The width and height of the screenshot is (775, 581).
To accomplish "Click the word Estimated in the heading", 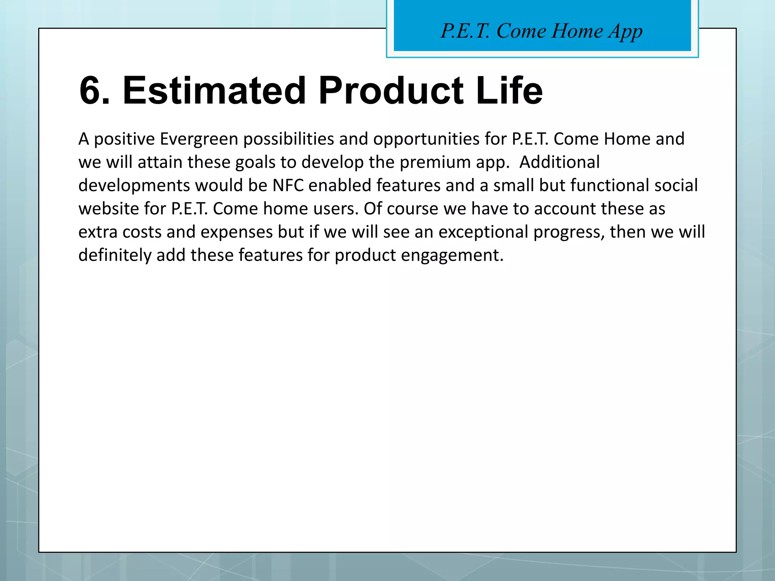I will pyautogui.click(x=214, y=91).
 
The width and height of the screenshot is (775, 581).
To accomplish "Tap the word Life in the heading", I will pyautogui.click(x=509, y=91).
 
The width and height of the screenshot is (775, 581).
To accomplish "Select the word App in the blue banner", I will pyautogui.click(x=625, y=31).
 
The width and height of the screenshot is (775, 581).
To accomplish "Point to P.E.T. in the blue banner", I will pyautogui.click(x=465, y=31).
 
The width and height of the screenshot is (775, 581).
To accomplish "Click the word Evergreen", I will pyautogui.click(x=199, y=139).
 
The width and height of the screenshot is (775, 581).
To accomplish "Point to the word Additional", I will pyautogui.click(x=560, y=162).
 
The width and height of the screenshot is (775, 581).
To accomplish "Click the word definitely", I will pyautogui.click(x=115, y=255).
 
